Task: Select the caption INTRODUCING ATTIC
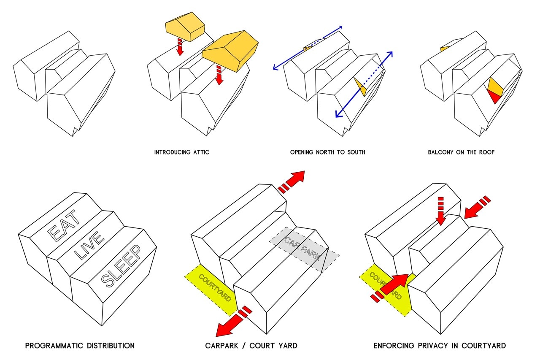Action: tap(181, 152)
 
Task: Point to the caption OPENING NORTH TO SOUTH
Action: tap(327, 152)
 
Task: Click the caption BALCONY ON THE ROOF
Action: tap(461, 152)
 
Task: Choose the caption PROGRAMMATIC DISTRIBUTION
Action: tap(80, 346)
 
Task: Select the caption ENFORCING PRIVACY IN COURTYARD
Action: tap(439, 346)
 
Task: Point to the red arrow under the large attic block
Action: tap(219, 75)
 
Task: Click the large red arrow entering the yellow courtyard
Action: tap(391, 286)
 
